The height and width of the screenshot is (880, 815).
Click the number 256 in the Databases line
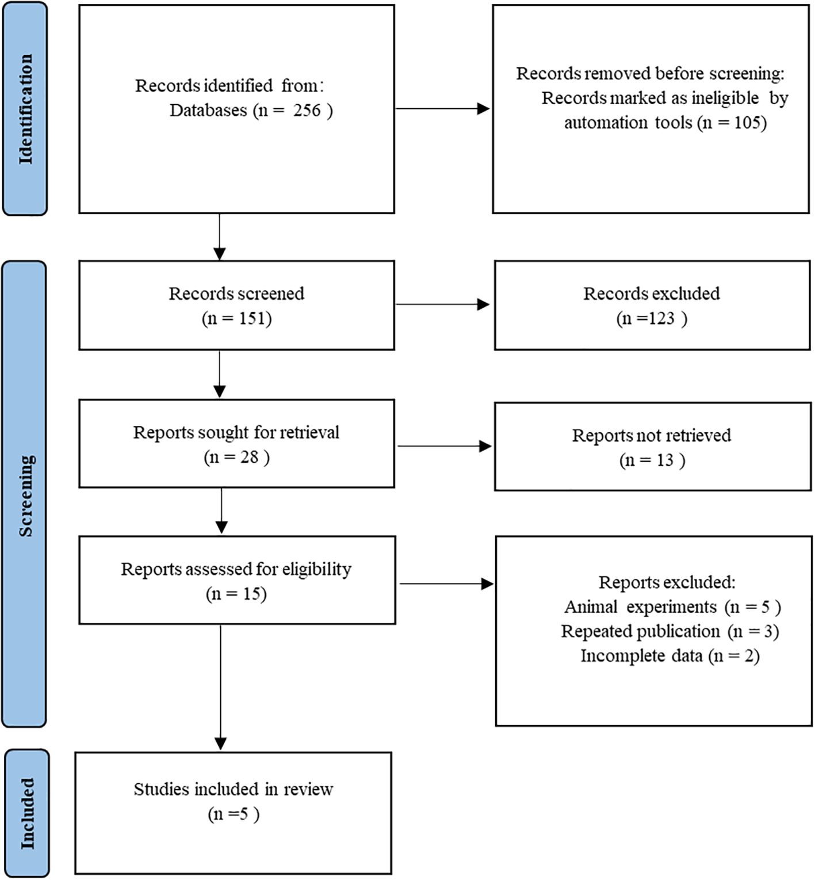[x=307, y=110]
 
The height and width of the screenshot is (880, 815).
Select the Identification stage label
[x=26, y=109]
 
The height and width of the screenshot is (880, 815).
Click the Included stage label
[x=27, y=813]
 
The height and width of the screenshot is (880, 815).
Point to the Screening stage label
[x=26, y=496]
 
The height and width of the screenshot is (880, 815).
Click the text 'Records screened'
[x=236, y=294]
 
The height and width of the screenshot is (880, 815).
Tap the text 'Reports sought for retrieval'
[x=236, y=432]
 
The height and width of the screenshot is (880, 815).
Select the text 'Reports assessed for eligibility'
[x=236, y=569]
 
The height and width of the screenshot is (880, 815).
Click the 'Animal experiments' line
[x=672, y=607]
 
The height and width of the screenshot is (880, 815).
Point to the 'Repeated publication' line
[x=670, y=631]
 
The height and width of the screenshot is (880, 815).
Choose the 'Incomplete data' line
[x=670, y=656]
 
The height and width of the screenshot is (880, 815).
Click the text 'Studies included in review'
[x=234, y=789]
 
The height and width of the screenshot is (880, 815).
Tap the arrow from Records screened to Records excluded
[x=443, y=304]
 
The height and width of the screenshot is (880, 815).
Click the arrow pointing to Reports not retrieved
[x=445, y=446]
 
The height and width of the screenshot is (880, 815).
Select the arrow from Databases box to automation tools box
[x=443, y=108]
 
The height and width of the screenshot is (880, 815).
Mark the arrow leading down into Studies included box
[x=220, y=687]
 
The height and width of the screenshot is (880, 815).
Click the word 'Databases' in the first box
[x=208, y=110]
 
